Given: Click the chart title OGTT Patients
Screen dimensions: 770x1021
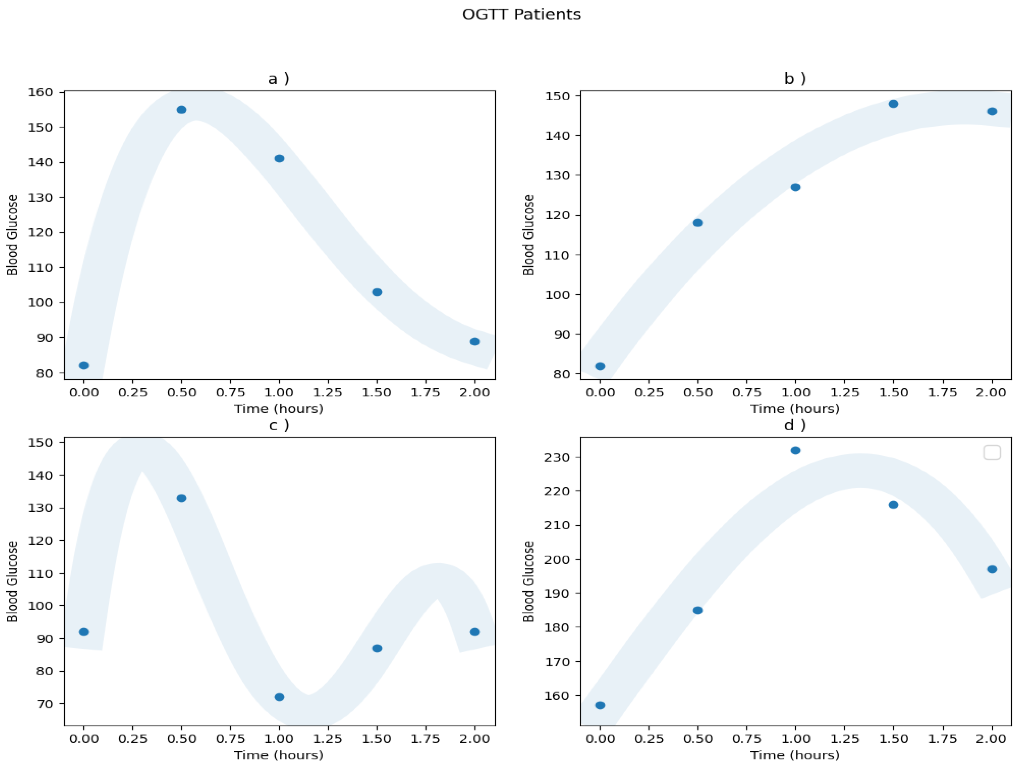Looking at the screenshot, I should (522, 14).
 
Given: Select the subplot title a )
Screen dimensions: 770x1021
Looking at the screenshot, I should (279, 78).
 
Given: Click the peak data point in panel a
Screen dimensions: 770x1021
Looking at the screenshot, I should (181, 110).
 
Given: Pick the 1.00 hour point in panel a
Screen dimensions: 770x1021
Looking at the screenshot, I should (279, 158).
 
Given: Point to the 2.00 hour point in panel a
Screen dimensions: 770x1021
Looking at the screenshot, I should (475, 342).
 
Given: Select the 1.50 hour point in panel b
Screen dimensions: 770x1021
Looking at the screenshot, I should (893, 104).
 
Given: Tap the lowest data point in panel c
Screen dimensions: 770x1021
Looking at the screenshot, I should (279, 697).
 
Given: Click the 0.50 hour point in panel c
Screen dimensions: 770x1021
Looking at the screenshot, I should (181, 498).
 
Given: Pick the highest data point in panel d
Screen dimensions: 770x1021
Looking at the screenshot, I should (795, 450).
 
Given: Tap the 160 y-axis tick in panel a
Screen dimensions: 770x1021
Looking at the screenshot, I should (41, 92).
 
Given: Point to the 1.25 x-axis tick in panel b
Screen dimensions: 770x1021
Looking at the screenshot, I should (844, 393).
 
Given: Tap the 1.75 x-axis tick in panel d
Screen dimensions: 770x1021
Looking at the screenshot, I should (942, 739).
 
